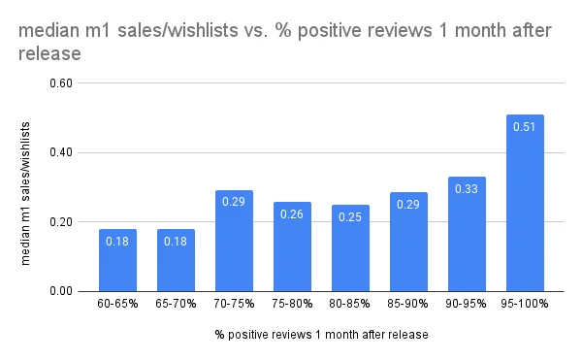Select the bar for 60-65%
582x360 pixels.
coord(117,260)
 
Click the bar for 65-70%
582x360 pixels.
coord(176,260)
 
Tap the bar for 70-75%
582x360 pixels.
coord(234,241)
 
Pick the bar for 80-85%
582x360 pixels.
coord(350,247)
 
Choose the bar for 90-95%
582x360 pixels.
coord(467,234)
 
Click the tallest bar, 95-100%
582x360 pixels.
coord(525,203)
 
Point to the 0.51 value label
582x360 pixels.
coord(524,127)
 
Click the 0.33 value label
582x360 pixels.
coord(467,189)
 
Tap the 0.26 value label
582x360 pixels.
coord(292,214)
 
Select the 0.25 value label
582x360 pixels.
coord(350,216)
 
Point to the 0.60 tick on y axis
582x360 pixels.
coord(61,83)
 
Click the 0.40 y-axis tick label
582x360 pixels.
coord(61,152)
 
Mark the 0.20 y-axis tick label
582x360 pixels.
coord(61,222)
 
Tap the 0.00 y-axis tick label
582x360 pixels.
coord(61,291)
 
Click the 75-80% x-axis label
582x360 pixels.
coord(292,304)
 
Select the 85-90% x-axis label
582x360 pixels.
coord(407,304)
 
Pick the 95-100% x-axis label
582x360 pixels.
coord(524,304)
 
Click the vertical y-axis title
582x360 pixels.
coord(25,193)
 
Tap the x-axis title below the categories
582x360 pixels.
coord(321,335)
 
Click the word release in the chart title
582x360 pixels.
coord(49,53)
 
